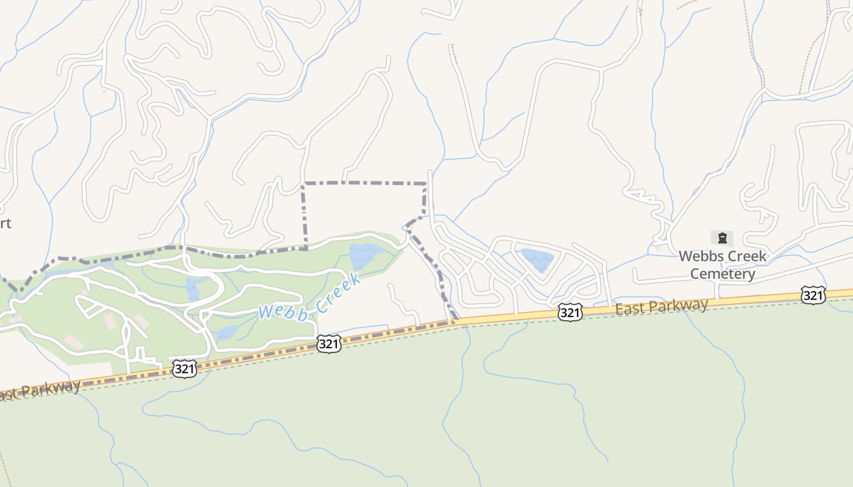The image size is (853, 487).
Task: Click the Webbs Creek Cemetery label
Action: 723,265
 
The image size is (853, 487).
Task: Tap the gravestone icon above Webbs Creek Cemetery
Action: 722,237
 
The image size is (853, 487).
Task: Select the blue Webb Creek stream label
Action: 310,298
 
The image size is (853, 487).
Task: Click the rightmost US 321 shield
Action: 813,296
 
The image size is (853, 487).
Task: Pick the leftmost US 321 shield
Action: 183,368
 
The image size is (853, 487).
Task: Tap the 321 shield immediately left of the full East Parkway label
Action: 568,312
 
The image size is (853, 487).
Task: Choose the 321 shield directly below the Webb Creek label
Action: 328,345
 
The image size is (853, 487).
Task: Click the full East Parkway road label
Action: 662,306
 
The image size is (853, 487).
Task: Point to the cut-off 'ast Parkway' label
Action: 40,390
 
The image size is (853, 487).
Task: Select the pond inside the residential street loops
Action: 538,259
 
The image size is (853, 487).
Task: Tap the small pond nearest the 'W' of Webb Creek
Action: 226,332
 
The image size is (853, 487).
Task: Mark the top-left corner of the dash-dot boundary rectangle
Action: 303,183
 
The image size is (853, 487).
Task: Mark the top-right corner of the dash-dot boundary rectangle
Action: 425,183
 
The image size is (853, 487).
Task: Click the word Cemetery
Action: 723,274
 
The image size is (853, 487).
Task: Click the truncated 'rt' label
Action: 5,223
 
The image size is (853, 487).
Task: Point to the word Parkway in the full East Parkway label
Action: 679,304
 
